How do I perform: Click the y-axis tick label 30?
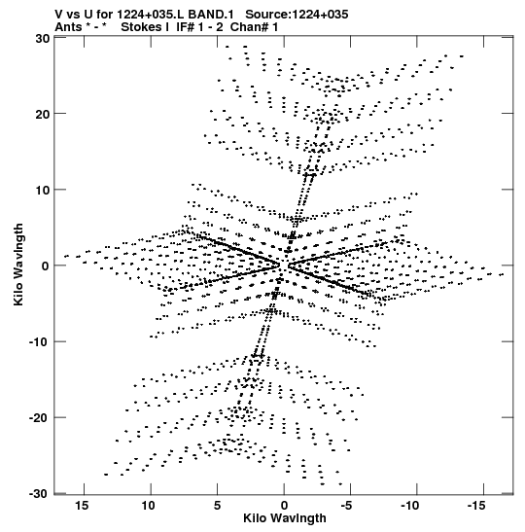click(x=43, y=38)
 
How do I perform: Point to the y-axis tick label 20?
click(x=43, y=114)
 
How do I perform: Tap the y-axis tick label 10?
click(x=43, y=191)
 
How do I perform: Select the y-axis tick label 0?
click(x=46, y=266)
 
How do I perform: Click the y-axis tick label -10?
click(x=40, y=342)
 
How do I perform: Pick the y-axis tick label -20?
click(x=40, y=418)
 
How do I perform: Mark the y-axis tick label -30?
click(x=40, y=494)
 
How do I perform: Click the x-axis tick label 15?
click(x=82, y=506)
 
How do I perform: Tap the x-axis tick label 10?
click(x=149, y=506)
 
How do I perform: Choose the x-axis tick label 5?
click(x=218, y=506)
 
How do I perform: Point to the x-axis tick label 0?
click(x=284, y=506)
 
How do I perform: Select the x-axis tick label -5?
click(x=346, y=506)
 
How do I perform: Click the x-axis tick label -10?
click(x=410, y=506)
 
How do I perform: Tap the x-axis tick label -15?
click(x=476, y=506)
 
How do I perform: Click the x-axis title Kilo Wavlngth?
click(x=285, y=518)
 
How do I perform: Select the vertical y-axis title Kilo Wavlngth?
click(x=18, y=265)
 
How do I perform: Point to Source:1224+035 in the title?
click(x=297, y=15)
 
